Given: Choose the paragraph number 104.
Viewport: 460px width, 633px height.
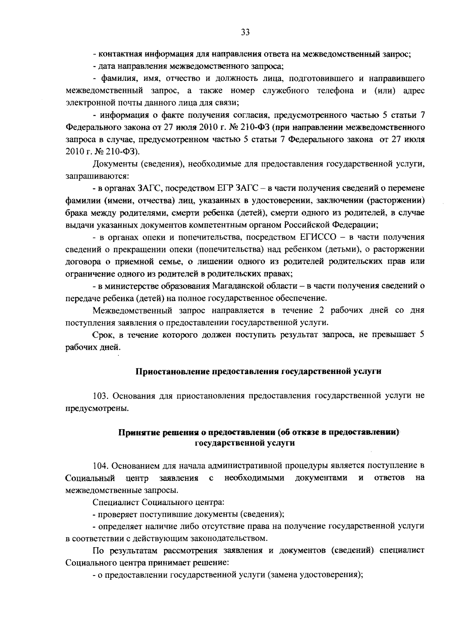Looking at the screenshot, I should (101, 466).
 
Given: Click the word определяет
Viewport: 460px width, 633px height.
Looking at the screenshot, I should (120, 526).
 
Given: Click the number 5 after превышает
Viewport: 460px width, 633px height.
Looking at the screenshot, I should (422, 335).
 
